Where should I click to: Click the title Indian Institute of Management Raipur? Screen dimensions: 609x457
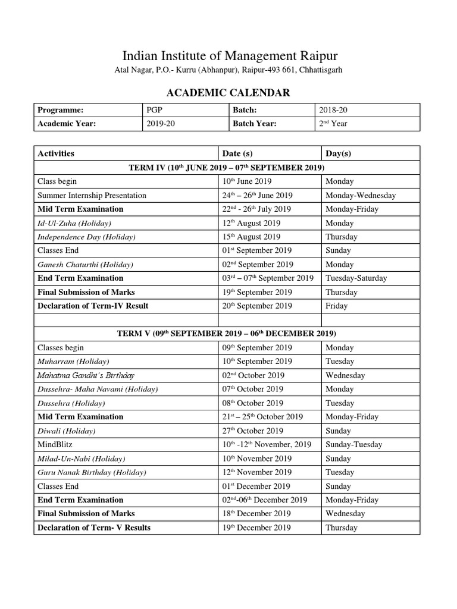[x=230, y=56]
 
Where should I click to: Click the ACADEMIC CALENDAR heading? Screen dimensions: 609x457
[x=228, y=92]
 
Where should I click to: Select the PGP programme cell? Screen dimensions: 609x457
[x=154, y=110]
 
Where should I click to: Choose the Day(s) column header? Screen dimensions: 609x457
[x=339, y=153]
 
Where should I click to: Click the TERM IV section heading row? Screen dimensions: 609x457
[x=227, y=168]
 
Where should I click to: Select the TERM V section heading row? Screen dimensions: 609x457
[x=227, y=334]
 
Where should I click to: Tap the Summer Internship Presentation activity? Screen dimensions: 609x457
[x=92, y=195]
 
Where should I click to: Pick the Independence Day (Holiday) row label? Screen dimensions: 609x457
[x=87, y=237]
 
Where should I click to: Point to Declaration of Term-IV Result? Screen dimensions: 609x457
[x=93, y=306]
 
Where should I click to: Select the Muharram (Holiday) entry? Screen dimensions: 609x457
[x=73, y=361]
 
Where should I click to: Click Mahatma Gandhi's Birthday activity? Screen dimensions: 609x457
[x=86, y=375]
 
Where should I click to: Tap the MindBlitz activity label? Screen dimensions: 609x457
[x=57, y=444]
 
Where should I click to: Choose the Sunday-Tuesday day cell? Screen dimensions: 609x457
[x=354, y=444]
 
